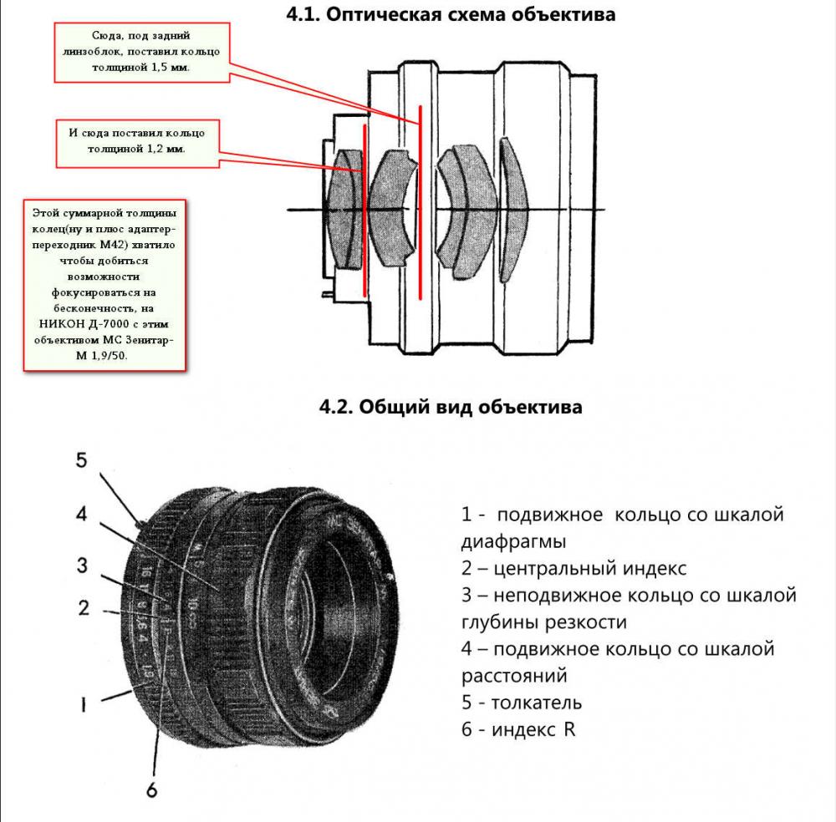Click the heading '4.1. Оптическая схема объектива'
pyautogui.click(x=451, y=14)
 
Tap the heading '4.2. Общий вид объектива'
pyautogui.click(x=451, y=407)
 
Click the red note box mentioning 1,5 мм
pyautogui.click(x=142, y=52)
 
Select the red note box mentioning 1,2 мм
pyautogui.click(x=138, y=144)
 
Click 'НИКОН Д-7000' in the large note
pyautogui.click(x=84, y=324)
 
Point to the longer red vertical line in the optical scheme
pyautogui.click(x=421, y=202)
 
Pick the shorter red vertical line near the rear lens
pyautogui.click(x=364, y=210)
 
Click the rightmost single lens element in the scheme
pyautogui.click(x=513, y=210)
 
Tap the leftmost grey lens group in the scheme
pyautogui.click(x=345, y=209)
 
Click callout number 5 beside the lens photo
pyautogui.click(x=81, y=460)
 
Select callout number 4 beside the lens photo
pyautogui.click(x=81, y=514)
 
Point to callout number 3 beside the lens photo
pyautogui.click(x=82, y=566)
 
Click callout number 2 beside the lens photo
pyautogui.click(x=83, y=608)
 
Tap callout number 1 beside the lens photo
pyautogui.click(x=83, y=705)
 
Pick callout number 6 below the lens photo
pyautogui.click(x=152, y=789)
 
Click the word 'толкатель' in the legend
pyautogui.click(x=537, y=703)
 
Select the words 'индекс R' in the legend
pyautogui.click(x=533, y=729)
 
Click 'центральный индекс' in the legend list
pyautogui.click(x=589, y=568)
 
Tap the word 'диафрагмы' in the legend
pyautogui.click(x=513, y=542)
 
